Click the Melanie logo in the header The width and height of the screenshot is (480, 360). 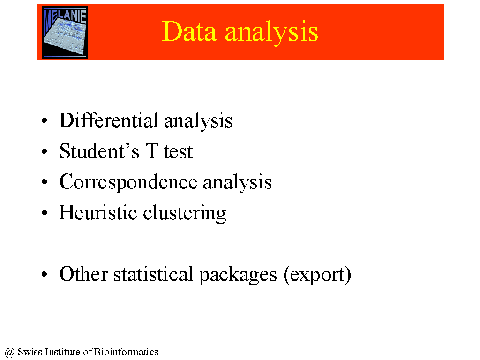(65, 32)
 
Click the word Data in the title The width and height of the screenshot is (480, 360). (189, 31)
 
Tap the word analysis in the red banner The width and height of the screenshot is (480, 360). (272, 33)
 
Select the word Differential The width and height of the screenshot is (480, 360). (109, 120)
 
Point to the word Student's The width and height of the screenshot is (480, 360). (99, 151)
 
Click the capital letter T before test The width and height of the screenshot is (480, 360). (152, 151)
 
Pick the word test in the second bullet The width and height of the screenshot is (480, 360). (178, 152)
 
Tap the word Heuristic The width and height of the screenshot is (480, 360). (98, 212)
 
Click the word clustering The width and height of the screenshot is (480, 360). (185, 213)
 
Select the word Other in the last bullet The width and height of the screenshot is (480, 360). (83, 274)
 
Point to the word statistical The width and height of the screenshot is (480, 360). (153, 274)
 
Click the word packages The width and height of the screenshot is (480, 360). (238, 275)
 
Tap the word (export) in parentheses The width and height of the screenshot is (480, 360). (317, 275)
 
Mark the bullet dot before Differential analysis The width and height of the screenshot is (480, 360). (45, 120)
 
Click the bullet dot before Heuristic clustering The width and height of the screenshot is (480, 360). (45, 213)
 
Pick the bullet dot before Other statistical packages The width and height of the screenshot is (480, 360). (45, 274)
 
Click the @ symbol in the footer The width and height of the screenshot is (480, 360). (10, 352)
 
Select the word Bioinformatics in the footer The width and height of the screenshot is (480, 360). (126, 352)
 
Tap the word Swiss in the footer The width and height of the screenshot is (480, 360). (30, 352)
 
